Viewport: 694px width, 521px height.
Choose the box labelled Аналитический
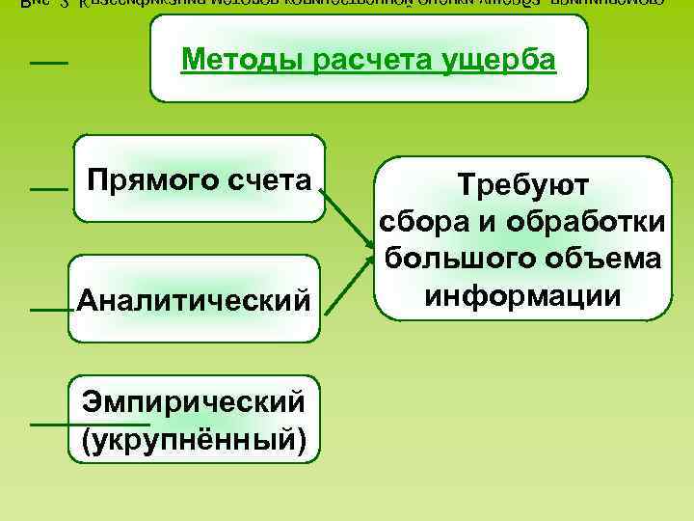pos(193,299)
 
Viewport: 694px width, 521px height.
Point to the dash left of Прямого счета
pos(48,190)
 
